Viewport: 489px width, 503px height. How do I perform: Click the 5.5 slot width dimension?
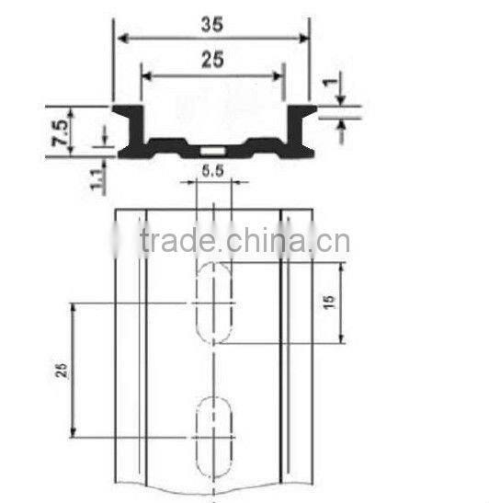pyautogui.click(x=212, y=170)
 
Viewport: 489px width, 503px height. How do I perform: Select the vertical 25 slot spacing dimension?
pyautogui.click(x=62, y=370)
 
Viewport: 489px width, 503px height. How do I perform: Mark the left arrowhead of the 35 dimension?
pyautogui.click(x=120, y=38)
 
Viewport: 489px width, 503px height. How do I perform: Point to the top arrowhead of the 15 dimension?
pyautogui.click(x=342, y=268)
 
